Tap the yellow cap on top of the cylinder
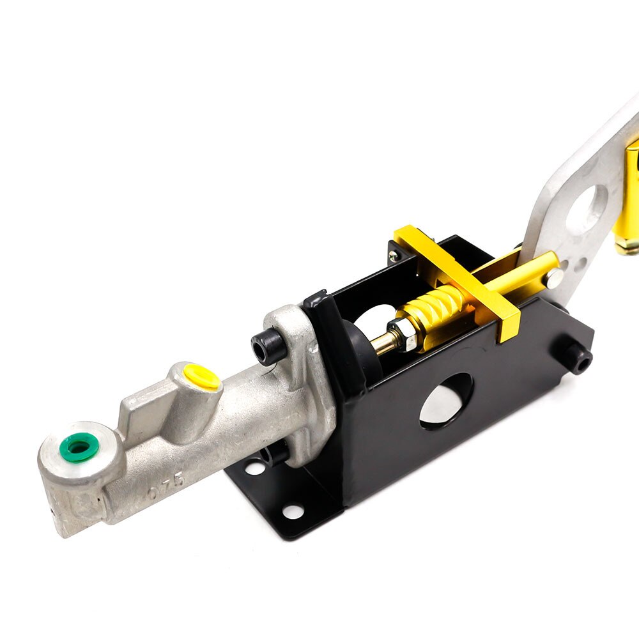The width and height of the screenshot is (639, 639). [201, 377]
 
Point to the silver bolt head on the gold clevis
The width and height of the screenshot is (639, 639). [554, 276]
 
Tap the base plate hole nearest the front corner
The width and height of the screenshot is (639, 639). [293, 511]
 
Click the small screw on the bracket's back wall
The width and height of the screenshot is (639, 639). [395, 255]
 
